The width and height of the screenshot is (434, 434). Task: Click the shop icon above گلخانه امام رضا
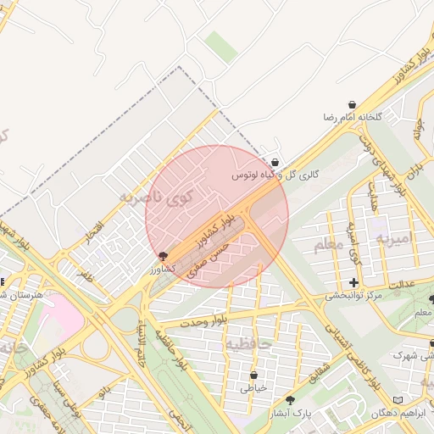352,103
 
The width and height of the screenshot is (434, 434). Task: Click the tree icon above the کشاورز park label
163,255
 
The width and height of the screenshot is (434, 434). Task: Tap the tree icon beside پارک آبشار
291,399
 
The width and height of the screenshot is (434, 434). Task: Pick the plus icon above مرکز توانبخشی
353,282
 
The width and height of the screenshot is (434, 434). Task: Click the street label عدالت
401,282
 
